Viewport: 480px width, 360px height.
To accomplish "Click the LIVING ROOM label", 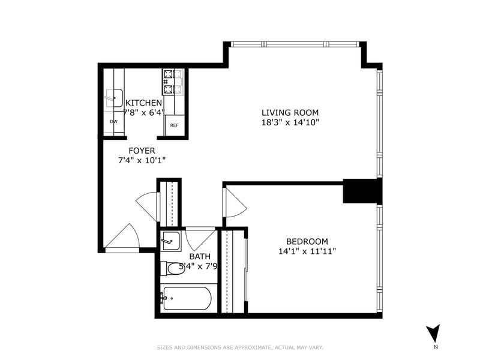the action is coord(290,112).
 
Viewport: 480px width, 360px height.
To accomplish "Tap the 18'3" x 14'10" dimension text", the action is coord(290,122).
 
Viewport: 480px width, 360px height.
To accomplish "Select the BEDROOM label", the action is coord(307,241).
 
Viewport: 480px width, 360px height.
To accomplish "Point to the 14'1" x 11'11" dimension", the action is coord(307,251).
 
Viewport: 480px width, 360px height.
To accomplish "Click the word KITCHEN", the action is coord(143,103).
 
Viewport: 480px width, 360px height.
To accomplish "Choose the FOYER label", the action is coord(142,151).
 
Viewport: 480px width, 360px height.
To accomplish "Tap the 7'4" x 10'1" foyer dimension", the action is coord(142,160).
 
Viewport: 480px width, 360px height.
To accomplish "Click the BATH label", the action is coord(200,256).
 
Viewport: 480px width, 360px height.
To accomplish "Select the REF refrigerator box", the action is coord(175,125).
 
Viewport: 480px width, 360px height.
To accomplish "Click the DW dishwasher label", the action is coord(113,122).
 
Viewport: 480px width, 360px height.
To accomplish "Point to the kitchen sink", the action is coord(114,98).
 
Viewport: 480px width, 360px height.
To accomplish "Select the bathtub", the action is coord(186,298).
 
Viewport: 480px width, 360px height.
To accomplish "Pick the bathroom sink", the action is coord(170,241).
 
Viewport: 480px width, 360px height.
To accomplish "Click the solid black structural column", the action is coord(362,191).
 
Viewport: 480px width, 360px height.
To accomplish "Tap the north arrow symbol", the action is coord(433,334).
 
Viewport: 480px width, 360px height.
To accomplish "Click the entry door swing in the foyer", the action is coord(122,236).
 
